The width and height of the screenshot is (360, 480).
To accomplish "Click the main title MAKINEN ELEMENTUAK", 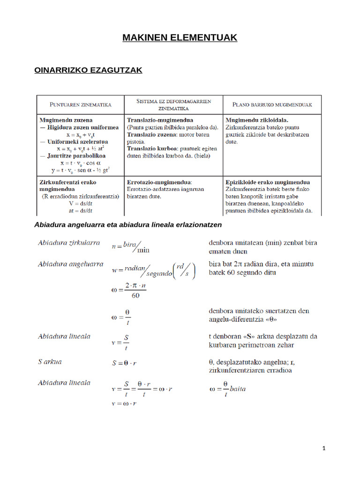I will pos(180,37).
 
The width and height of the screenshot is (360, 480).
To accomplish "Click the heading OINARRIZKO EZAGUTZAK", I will pos(89,70).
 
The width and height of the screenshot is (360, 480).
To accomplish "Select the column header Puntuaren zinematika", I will pos(80,104).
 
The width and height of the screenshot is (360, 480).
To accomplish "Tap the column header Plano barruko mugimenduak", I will pos(272,104).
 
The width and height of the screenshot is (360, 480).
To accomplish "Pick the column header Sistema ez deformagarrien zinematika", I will pos(173,104).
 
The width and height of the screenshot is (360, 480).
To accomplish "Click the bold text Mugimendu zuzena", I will pos(66,120).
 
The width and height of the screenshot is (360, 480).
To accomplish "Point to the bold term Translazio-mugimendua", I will pos(160,120).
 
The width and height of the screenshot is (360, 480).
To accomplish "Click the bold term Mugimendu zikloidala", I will pos(257,120).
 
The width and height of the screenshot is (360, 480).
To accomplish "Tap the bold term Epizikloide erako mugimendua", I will pos(268,182).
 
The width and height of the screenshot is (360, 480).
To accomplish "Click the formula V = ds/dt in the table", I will pos(80,204).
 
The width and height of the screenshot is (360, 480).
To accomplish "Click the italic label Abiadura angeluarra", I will pos(71,264).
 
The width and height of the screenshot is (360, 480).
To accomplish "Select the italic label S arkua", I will pos(50,361).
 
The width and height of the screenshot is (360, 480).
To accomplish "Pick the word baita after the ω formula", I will pos(238,389).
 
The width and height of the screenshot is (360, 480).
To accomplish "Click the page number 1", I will pos(324,448).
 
